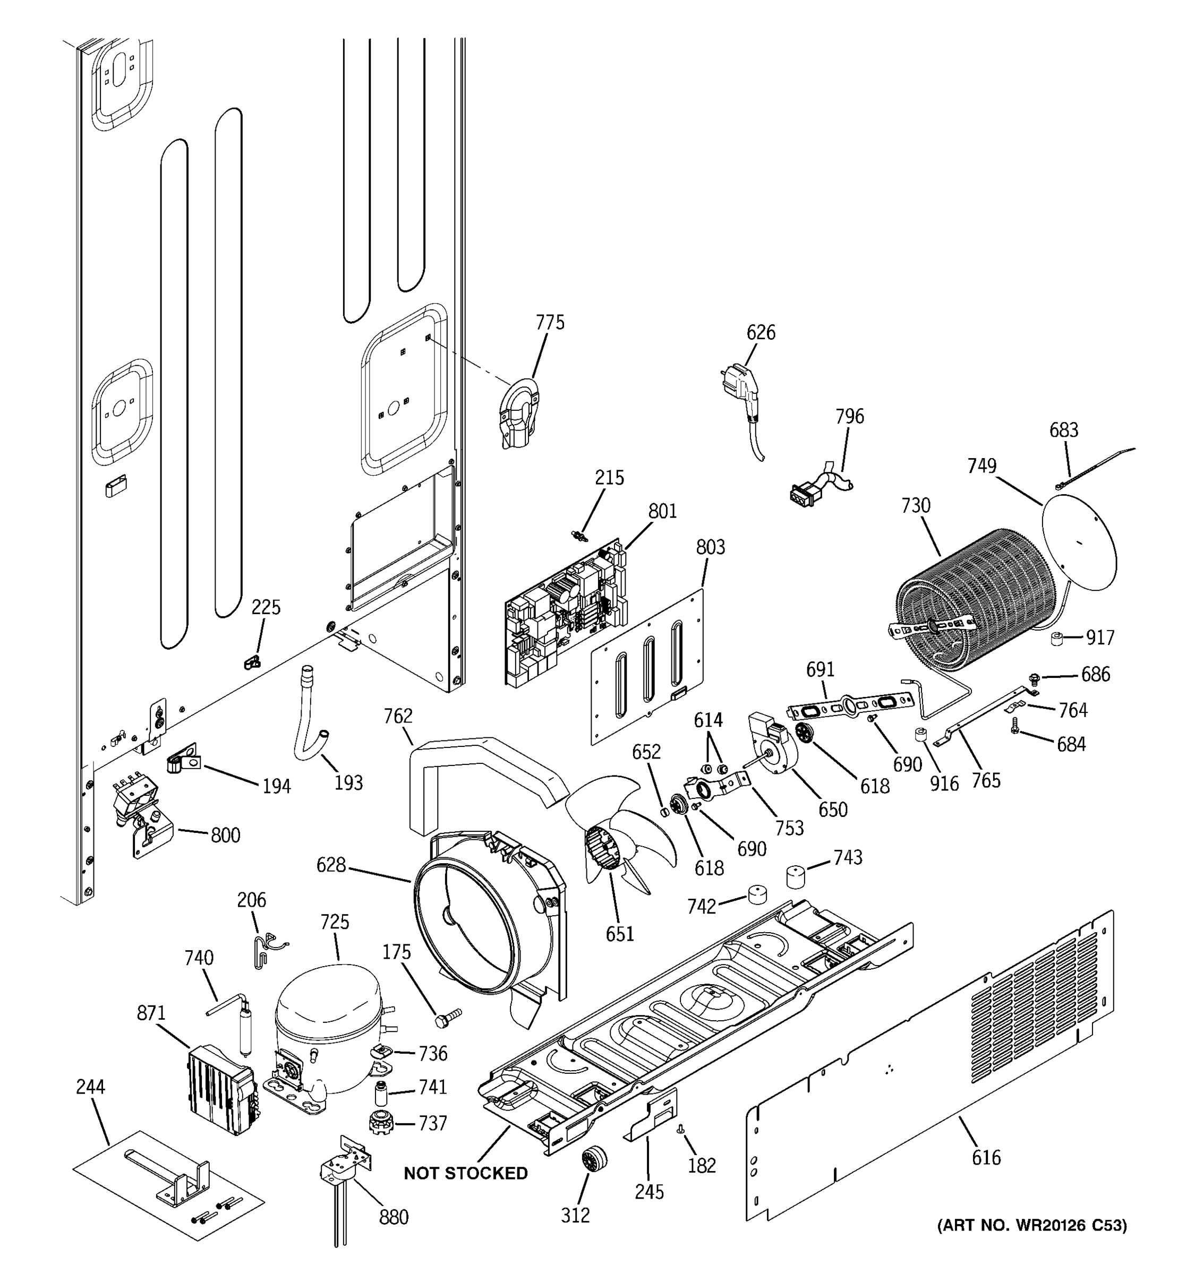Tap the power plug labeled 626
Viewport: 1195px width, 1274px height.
pos(743,391)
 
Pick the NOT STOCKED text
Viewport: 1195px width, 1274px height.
pos(465,1173)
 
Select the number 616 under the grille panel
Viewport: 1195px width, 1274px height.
pos(985,1157)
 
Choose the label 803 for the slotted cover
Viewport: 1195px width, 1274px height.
pos(710,547)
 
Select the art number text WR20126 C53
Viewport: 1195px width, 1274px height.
pos(1031,1225)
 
